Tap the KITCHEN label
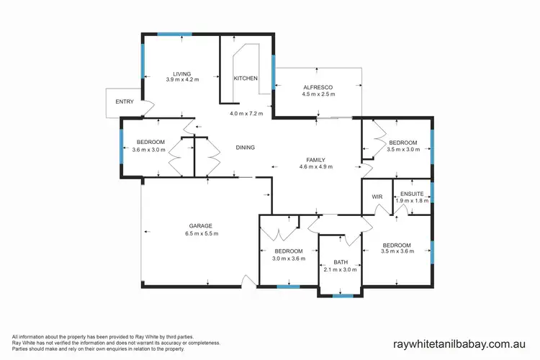pyautogui.click(x=245, y=78)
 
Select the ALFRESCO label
pyautogui.click(x=317, y=86)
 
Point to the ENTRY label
pyautogui.click(x=125, y=102)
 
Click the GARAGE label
pyautogui.click(x=201, y=226)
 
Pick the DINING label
pyautogui.click(x=245, y=148)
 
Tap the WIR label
pyautogui.click(x=376, y=196)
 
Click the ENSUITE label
pyautogui.click(x=413, y=193)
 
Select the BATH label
pyautogui.click(x=341, y=262)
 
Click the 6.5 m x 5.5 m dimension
pyautogui.click(x=201, y=234)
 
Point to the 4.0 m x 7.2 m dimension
pyautogui.click(x=246, y=114)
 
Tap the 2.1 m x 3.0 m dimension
pyautogui.click(x=341, y=270)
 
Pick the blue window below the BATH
pyautogui.click(x=343, y=296)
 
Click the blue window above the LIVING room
pyautogui.click(x=175, y=33)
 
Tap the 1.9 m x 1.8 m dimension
pyautogui.click(x=413, y=201)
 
